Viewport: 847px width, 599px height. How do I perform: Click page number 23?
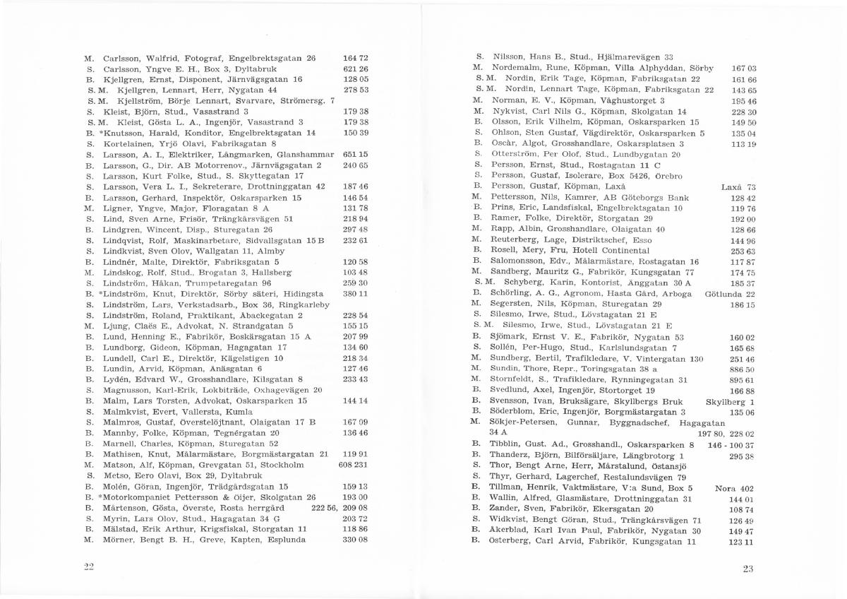pyautogui.click(x=749, y=569)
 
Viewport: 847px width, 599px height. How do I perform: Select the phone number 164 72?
pyautogui.click(x=356, y=58)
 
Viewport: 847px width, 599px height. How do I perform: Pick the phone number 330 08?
pyautogui.click(x=356, y=540)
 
